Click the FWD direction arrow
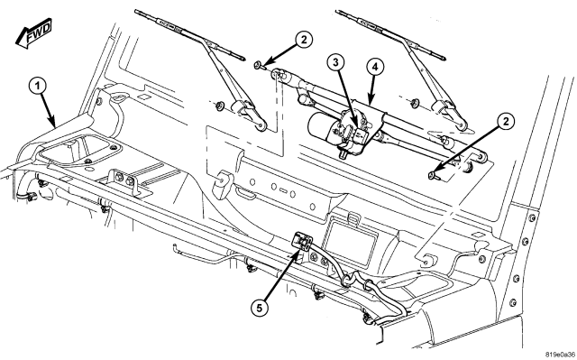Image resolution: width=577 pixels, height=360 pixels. (34, 33)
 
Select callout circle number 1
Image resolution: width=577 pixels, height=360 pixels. (38, 87)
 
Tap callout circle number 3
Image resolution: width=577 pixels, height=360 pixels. (336, 62)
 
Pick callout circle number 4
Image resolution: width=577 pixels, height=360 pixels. (375, 67)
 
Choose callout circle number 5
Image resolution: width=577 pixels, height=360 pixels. (261, 308)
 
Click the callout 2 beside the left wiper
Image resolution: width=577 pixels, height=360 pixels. (303, 40)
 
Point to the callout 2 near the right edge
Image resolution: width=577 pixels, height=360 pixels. (506, 121)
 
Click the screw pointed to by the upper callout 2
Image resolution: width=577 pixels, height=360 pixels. (259, 66)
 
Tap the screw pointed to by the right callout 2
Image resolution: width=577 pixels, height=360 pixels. (434, 176)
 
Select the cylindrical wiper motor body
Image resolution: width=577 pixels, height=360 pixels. (321, 127)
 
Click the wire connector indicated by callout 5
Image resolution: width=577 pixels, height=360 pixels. (303, 241)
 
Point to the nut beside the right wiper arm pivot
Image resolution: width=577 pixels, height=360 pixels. (415, 103)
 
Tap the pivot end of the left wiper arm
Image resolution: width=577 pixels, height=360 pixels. (261, 126)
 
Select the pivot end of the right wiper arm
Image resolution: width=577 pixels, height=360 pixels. (462, 125)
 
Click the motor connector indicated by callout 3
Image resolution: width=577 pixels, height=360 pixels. (361, 134)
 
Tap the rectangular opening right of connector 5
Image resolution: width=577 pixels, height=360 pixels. (351, 244)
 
